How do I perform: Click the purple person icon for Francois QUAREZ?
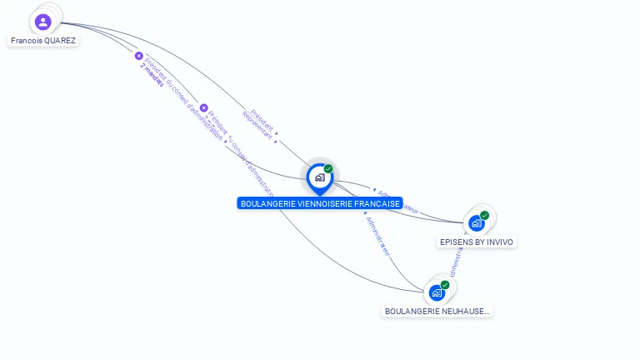coord(43,22)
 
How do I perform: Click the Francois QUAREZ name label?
coord(43,40)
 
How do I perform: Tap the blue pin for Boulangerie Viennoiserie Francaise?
coord(319,177)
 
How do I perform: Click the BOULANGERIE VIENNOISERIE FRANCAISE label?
coord(320,203)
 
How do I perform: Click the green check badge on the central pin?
coord(328,168)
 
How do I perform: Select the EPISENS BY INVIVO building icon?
coord(476,223)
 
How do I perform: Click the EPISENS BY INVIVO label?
coord(477,242)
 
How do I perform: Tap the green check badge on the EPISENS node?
coord(484,215)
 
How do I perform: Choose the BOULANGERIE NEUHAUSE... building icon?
coord(437,292)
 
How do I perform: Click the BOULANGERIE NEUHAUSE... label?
coord(437,311)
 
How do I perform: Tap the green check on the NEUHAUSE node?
coord(445,285)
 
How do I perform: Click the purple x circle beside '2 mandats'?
coord(139,56)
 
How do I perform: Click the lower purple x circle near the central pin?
coord(203,107)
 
